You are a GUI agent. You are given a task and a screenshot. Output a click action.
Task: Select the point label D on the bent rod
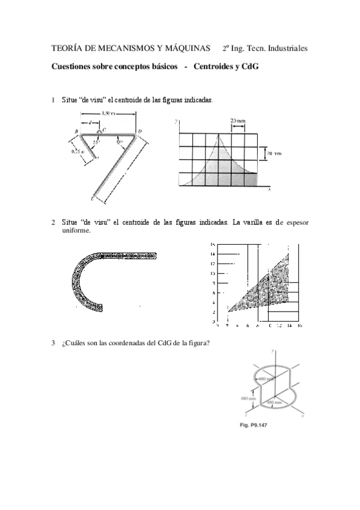pyautogui.click(x=140, y=131)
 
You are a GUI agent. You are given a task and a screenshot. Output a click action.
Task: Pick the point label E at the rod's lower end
pyautogui.click(x=92, y=198)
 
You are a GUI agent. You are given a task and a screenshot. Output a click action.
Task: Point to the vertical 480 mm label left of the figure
pyautogui.click(x=248, y=398)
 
